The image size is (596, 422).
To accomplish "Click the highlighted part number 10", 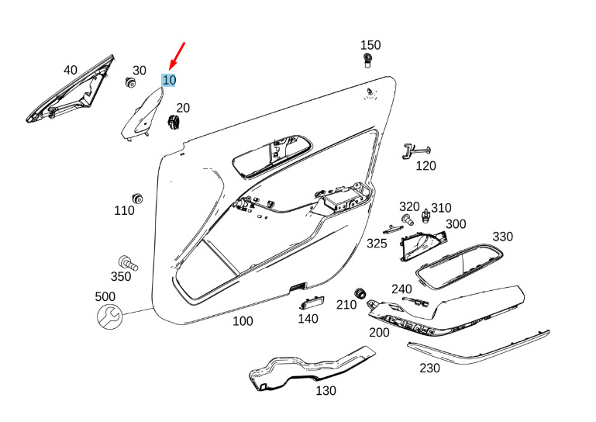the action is coord(169,80).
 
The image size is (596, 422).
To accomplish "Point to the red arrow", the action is coord(177,57).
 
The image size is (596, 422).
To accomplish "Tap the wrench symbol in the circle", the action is coord(109,317).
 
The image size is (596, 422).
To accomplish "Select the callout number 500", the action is coord(105,296).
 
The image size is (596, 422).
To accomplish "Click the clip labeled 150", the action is coord(367,61).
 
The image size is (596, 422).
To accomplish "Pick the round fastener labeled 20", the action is coord(174,122).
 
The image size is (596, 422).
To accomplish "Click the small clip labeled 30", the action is coord(130,81).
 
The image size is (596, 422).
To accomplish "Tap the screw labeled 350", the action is coord(128,262).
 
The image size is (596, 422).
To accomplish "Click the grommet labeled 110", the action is coord(137,199).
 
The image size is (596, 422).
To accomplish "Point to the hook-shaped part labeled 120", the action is coord(415,151).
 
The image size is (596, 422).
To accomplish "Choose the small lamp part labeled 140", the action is coord(312,303).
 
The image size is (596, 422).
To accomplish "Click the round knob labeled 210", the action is coord(360,294).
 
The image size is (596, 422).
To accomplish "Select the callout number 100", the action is coord(243,321).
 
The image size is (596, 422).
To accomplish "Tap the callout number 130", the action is coord(326,390).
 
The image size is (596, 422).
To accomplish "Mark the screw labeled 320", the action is coord(407,220).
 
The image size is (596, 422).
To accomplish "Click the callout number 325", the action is coord(377,244).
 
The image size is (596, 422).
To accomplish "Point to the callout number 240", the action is coord(401,289).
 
